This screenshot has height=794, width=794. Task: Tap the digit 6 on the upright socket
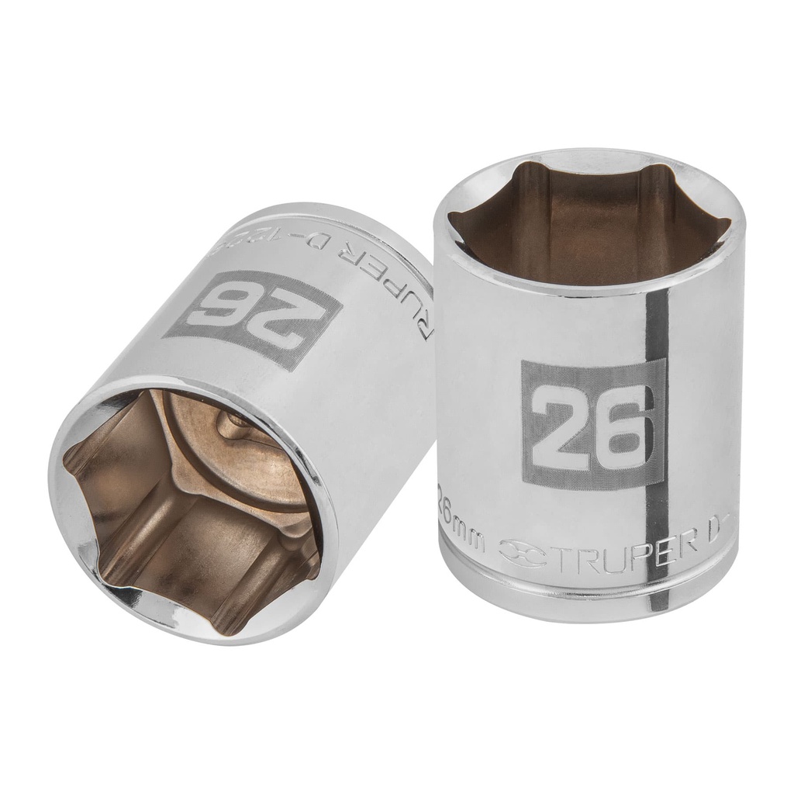(619, 425)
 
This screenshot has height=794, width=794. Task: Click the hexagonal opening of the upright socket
(589, 221)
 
